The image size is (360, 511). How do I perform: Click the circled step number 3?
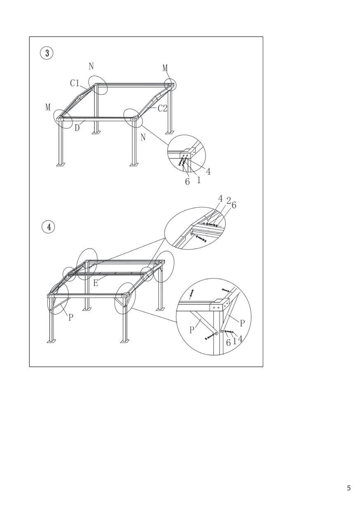point(47,54)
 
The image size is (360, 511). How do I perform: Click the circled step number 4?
point(49,227)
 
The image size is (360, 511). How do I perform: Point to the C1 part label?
point(75,83)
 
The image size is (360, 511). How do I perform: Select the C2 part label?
point(163,108)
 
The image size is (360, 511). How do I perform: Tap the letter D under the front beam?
point(77,128)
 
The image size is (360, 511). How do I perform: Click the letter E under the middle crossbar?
point(96,283)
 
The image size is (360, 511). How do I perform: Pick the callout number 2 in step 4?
point(229,201)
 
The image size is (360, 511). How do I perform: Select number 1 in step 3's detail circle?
point(199,180)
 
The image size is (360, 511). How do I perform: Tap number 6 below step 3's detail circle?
point(187,182)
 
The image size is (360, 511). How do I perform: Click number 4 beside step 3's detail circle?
point(208,171)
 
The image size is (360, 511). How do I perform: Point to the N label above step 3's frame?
point(91,66)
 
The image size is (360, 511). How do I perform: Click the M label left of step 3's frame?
point(48,107)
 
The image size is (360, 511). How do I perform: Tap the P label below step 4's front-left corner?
point(71,318)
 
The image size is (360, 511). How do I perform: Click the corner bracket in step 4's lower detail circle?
point(219,305)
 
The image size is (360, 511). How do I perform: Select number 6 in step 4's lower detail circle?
point(228,342)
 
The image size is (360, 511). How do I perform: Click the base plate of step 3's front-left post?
point(61,164)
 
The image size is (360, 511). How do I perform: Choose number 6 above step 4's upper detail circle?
point(234,205)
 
